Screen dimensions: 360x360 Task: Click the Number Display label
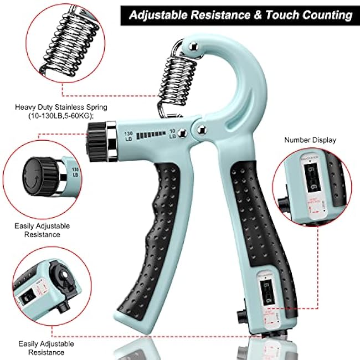(310, 140)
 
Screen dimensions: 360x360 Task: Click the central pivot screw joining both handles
(198, 131)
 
